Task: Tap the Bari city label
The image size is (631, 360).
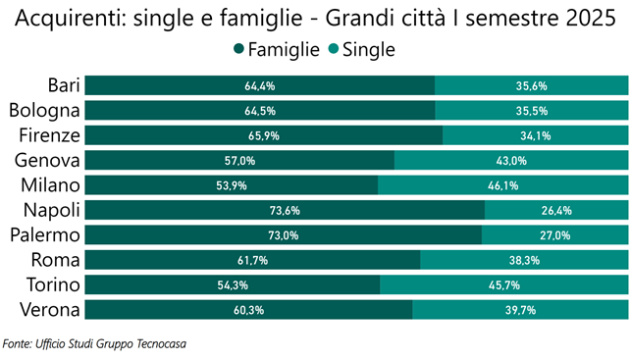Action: coord(64,85)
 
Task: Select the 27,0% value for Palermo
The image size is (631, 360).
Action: coord(554,235)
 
